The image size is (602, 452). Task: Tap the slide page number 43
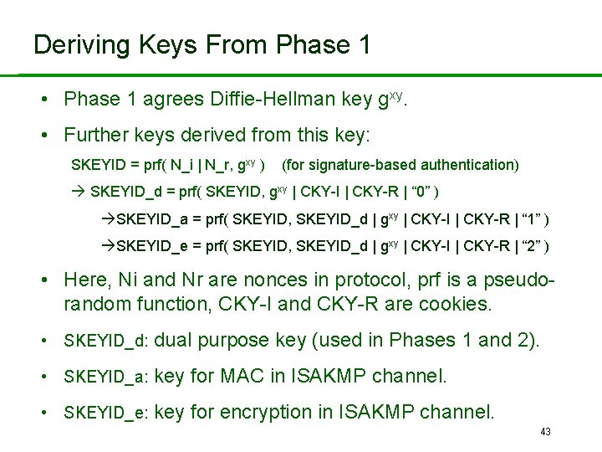pos(546,431)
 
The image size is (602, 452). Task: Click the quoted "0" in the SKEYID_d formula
pos(422,191)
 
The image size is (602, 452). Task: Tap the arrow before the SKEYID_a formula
pos(106,219)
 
